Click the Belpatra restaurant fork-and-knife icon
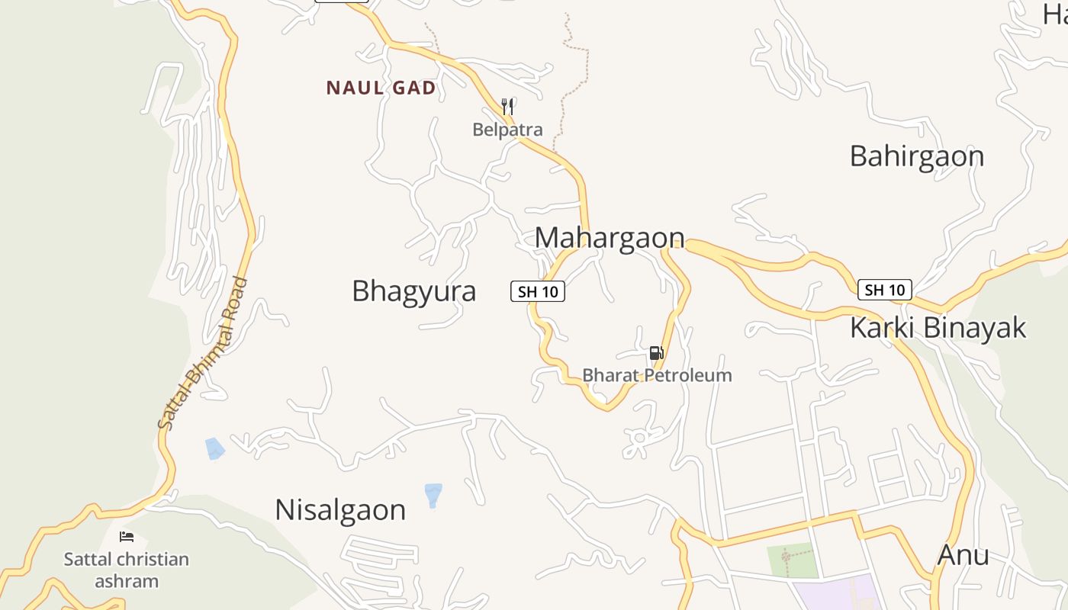click(x=507, y=106)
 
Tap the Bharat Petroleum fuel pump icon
click(x=656, y=353)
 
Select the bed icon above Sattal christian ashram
click(x=127, y=537)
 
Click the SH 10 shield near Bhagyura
click(x=538, y=291)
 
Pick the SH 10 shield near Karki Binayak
click(x=885, y=290)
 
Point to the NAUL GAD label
click(x=381, y=88)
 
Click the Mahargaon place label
click(x=610, y=237)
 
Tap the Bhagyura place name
click(x=413, y=291)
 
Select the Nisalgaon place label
click(x=340, y=509)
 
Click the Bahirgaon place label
click(x=917, y=156)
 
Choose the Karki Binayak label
click(x=938, y=328)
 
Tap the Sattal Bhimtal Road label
click(x=204, y=353)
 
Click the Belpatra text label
click(x=507, y=130)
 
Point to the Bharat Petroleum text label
click(x=657, y=375)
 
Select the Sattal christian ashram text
click(x=127, y=570)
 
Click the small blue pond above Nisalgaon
click(x=433, y=494)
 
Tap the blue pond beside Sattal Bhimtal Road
click(x=215, y=448)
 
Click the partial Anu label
click(x=963, y=554)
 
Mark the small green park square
click(x=792, y=560)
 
